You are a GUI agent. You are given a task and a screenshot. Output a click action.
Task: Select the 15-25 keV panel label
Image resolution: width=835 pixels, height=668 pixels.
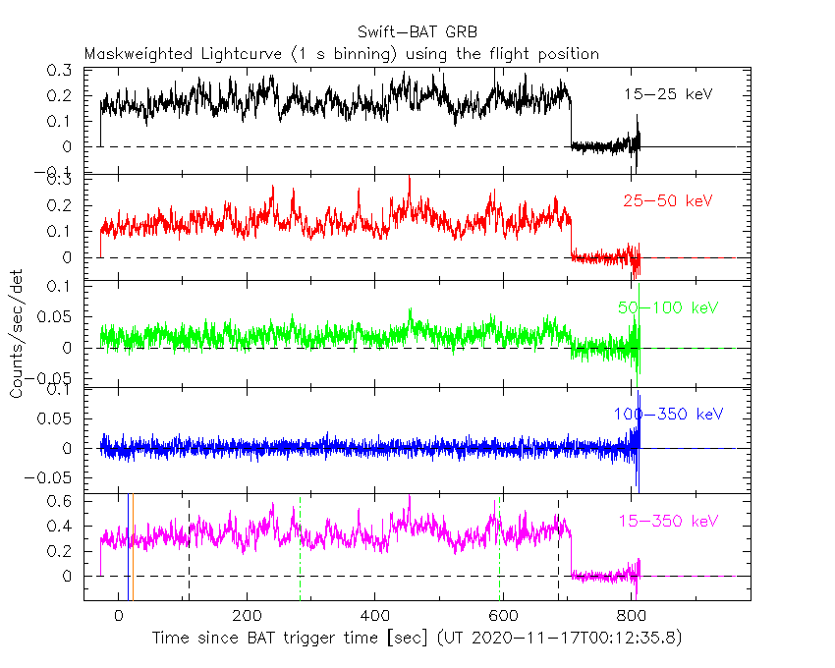click(x=667, y=94)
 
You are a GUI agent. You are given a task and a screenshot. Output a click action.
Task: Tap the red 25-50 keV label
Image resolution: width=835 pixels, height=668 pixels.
click(x=667, y=201)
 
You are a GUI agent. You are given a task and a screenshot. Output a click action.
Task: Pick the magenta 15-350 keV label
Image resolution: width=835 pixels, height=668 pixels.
click(x=667, y=520)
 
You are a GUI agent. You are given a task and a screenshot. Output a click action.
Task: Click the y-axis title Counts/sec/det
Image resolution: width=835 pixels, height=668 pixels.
click(x=17, y=334)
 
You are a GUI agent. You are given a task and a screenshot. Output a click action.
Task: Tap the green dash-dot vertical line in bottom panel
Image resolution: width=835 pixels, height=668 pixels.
click(x=500, y=550)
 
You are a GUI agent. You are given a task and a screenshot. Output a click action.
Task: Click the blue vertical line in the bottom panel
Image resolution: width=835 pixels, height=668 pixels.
click(x=129, y=550)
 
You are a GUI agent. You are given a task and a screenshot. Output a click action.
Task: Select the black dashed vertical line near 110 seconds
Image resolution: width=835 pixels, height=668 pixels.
click(x=189, y=550)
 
